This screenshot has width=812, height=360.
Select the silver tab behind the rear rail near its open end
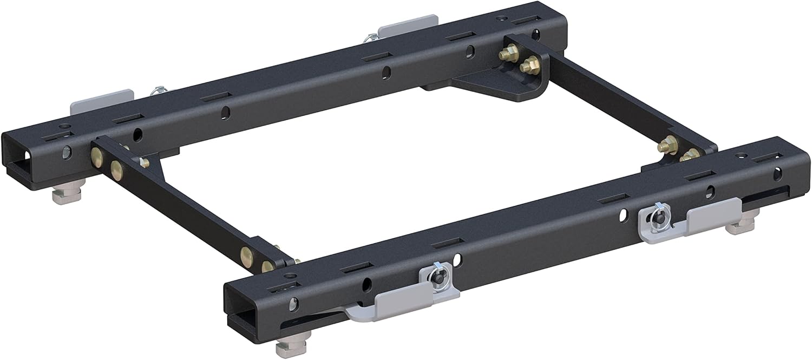click(x=102, y=102)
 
